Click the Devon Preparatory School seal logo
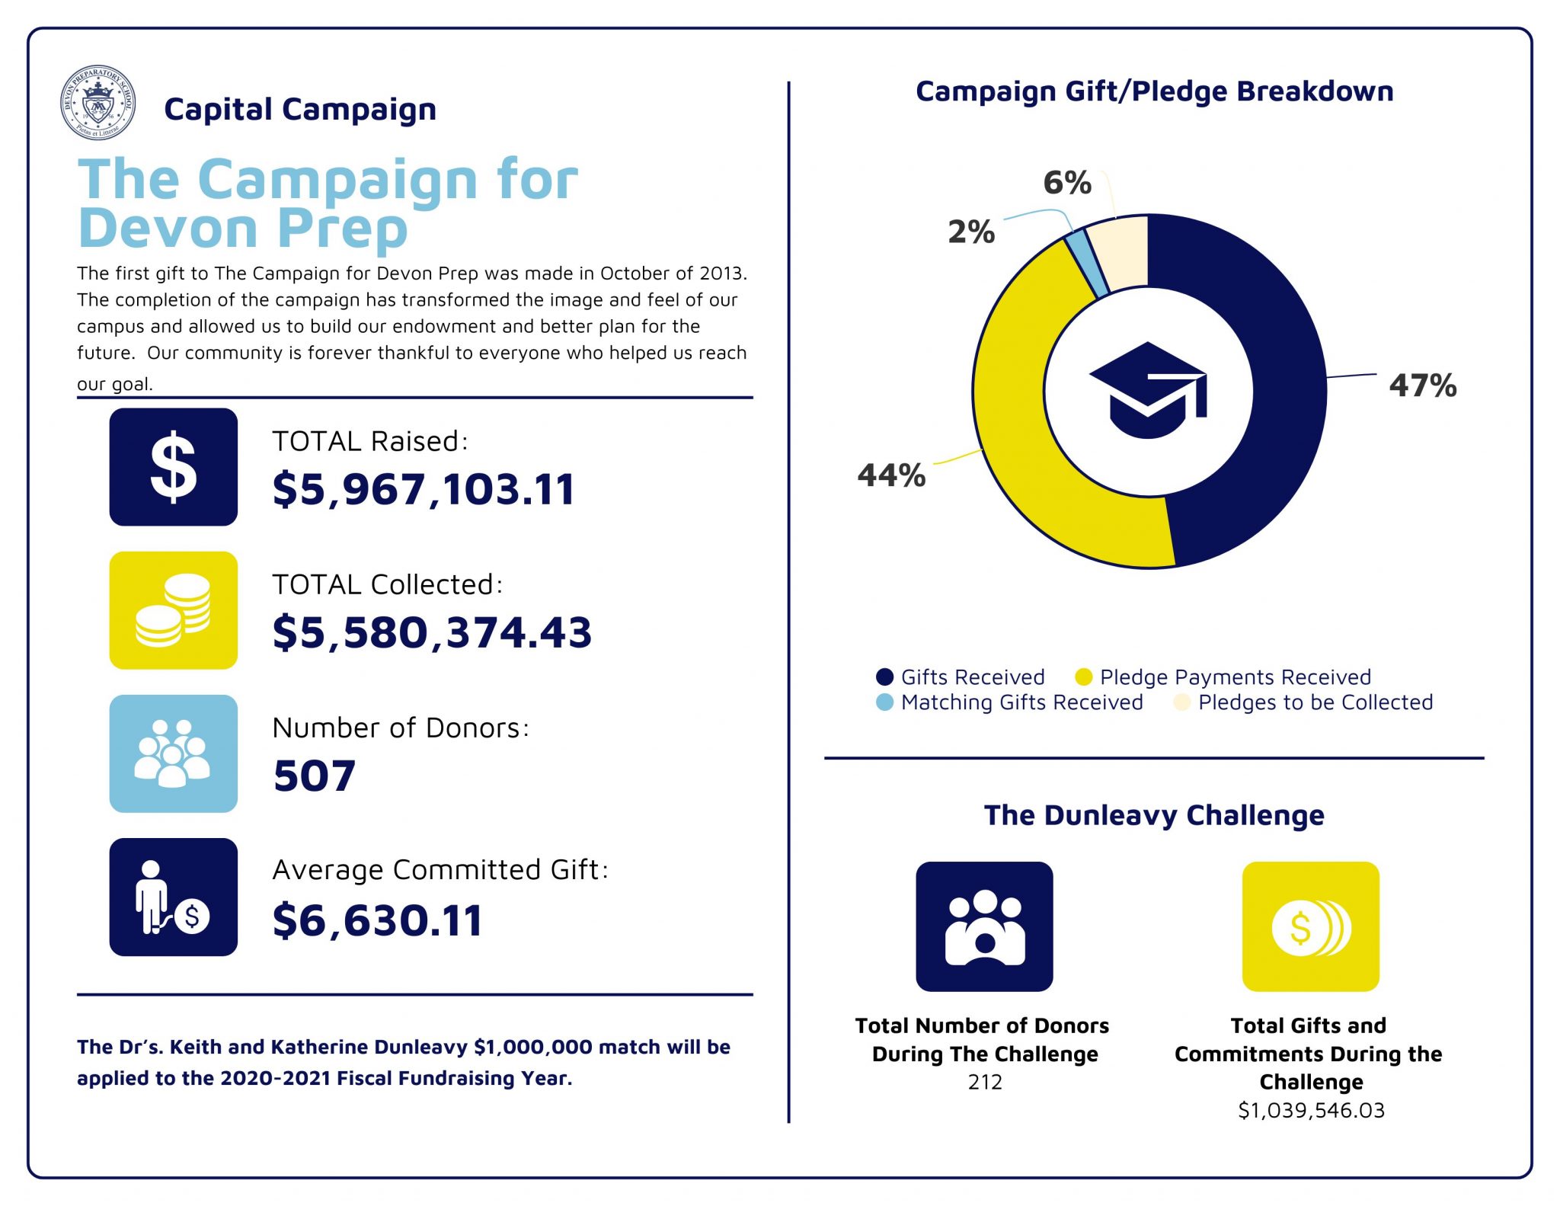coord(97,102)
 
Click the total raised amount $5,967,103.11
coord(423,488)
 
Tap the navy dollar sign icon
coord(173,467)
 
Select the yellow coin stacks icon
coord(173,610)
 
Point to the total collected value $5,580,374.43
coord(432,632)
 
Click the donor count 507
coord(314,776)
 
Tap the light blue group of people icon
coord(173,753)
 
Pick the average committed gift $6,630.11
coord(377,920)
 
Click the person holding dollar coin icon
coord(173,897)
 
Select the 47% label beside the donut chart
coord(1422,385)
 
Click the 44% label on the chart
coord(891,475)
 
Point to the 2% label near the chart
coord(971,232)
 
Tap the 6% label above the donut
coord(1066,183)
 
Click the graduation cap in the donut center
coord(1148,390)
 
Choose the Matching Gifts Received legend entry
coord(1021,702)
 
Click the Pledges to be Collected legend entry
coord(1314,702)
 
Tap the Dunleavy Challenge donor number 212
coord(984,1082)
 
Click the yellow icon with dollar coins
coord(1310,926)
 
